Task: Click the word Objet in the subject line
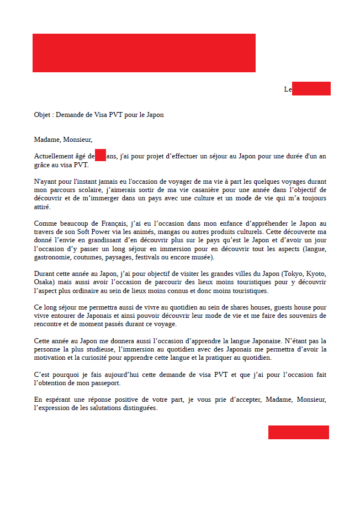pos(42,115)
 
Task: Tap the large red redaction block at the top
pos(144,53)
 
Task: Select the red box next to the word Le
pos(311,88)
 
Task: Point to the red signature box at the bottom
pos(298,432)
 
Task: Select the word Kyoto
pos(316,274)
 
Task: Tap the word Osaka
pos(43,283)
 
